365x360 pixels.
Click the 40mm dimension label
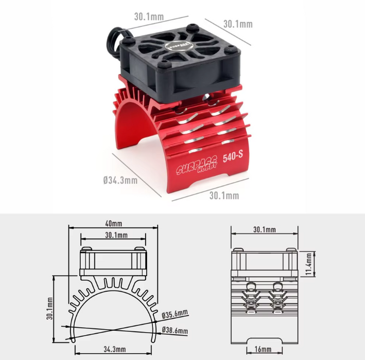(x=113, y=224)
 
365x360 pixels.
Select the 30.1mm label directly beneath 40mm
(x=116, y=236)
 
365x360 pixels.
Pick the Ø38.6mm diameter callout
(x=175, y=330)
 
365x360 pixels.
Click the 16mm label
(x=264, y=350)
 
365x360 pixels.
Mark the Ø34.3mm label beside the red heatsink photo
(x=120, y=179)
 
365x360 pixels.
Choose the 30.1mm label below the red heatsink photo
(x=224, y=195)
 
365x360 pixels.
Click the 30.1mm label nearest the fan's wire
(x=149, y=16)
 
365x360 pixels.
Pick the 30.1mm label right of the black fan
(x=238, y=24)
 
